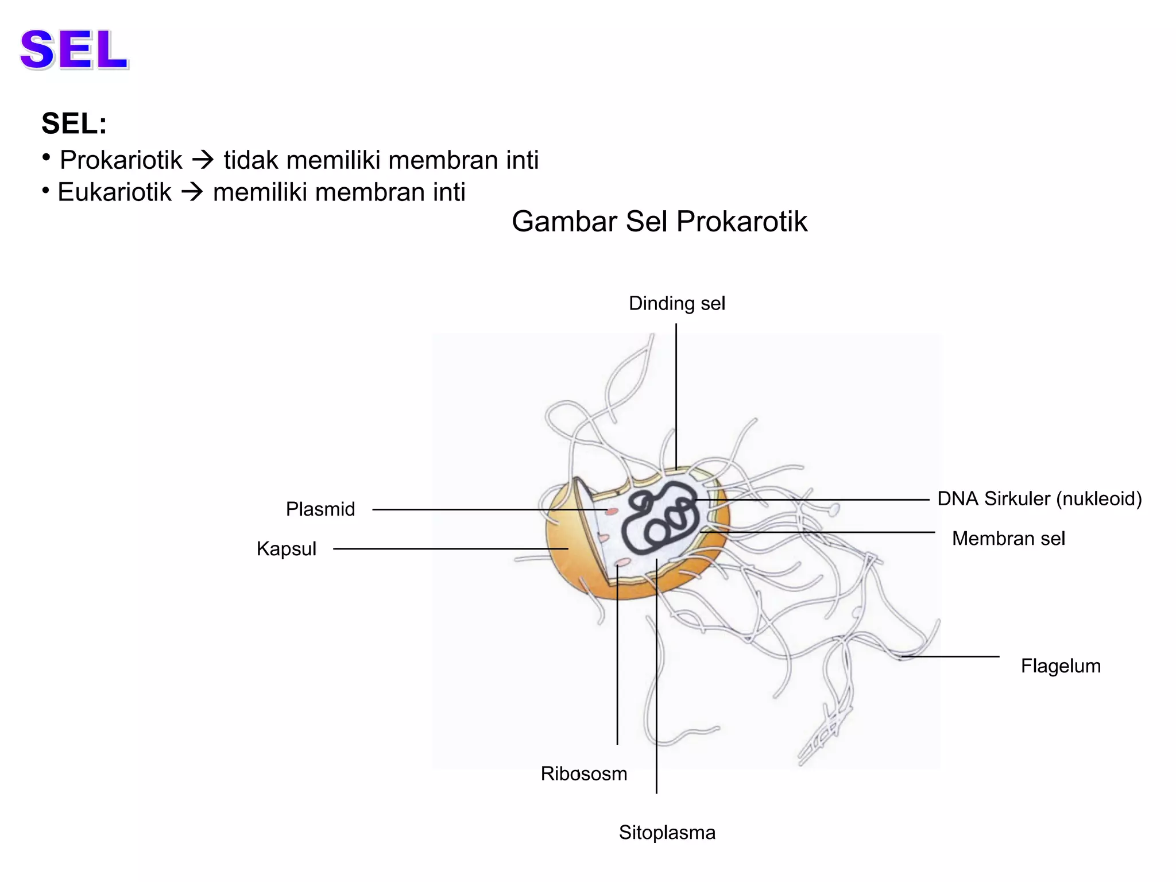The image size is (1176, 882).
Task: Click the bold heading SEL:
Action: pos(74,123)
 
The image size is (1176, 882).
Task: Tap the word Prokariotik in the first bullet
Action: pos(121,160)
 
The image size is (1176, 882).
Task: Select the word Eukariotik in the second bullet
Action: pos(114,192)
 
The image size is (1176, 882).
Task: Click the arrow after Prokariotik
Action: pos(203,160)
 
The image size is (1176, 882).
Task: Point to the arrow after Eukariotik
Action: pos(192,192)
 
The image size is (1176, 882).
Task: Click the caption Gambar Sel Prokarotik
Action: pos(659,222)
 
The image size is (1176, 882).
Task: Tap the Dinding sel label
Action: pos(677,303)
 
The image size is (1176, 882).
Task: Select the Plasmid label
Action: pos(320,509)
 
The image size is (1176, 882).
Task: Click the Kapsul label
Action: pos(286,549)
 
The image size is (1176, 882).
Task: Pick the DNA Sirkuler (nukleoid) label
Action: pos(1039,498)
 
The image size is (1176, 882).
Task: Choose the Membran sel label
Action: pos(1008,539)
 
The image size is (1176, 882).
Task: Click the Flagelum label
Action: pos(1061,666)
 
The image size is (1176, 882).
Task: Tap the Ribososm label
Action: pos(584,774)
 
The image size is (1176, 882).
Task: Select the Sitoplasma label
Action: pos(667,833)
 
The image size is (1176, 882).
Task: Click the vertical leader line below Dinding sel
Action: pos(676,396)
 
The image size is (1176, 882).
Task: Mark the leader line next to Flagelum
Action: pos(950,656)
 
